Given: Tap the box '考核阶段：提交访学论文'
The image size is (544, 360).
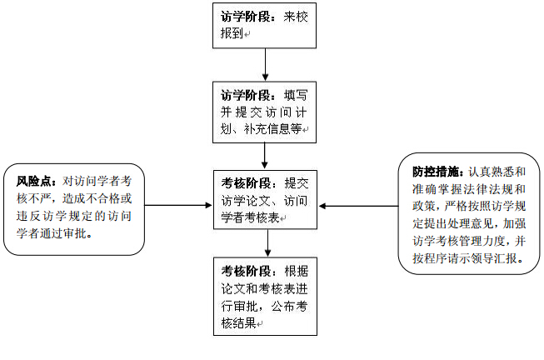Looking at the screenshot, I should pyautogui.click(x=265, y=198).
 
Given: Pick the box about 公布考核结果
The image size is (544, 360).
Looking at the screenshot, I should pyautogui.click(x=265, y=295).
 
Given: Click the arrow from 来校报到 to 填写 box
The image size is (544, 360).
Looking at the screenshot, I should pyautogui.click(x=265, y=63).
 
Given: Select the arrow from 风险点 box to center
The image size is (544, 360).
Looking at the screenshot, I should pyautogui.click(x=174, y=204).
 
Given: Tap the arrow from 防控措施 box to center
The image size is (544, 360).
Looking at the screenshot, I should pyautogui.click(x=358, y=204).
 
